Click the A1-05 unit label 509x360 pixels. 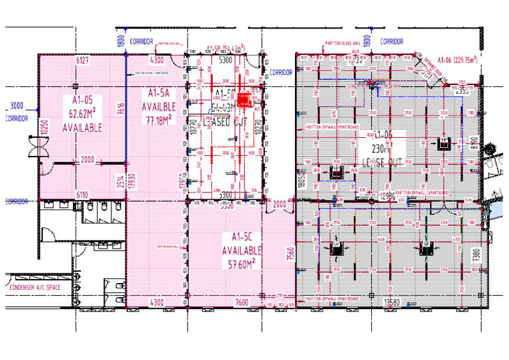(82, 100)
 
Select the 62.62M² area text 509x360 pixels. (82, 113)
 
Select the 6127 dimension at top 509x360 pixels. (83, 61)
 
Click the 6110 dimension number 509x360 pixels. (83, 194)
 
